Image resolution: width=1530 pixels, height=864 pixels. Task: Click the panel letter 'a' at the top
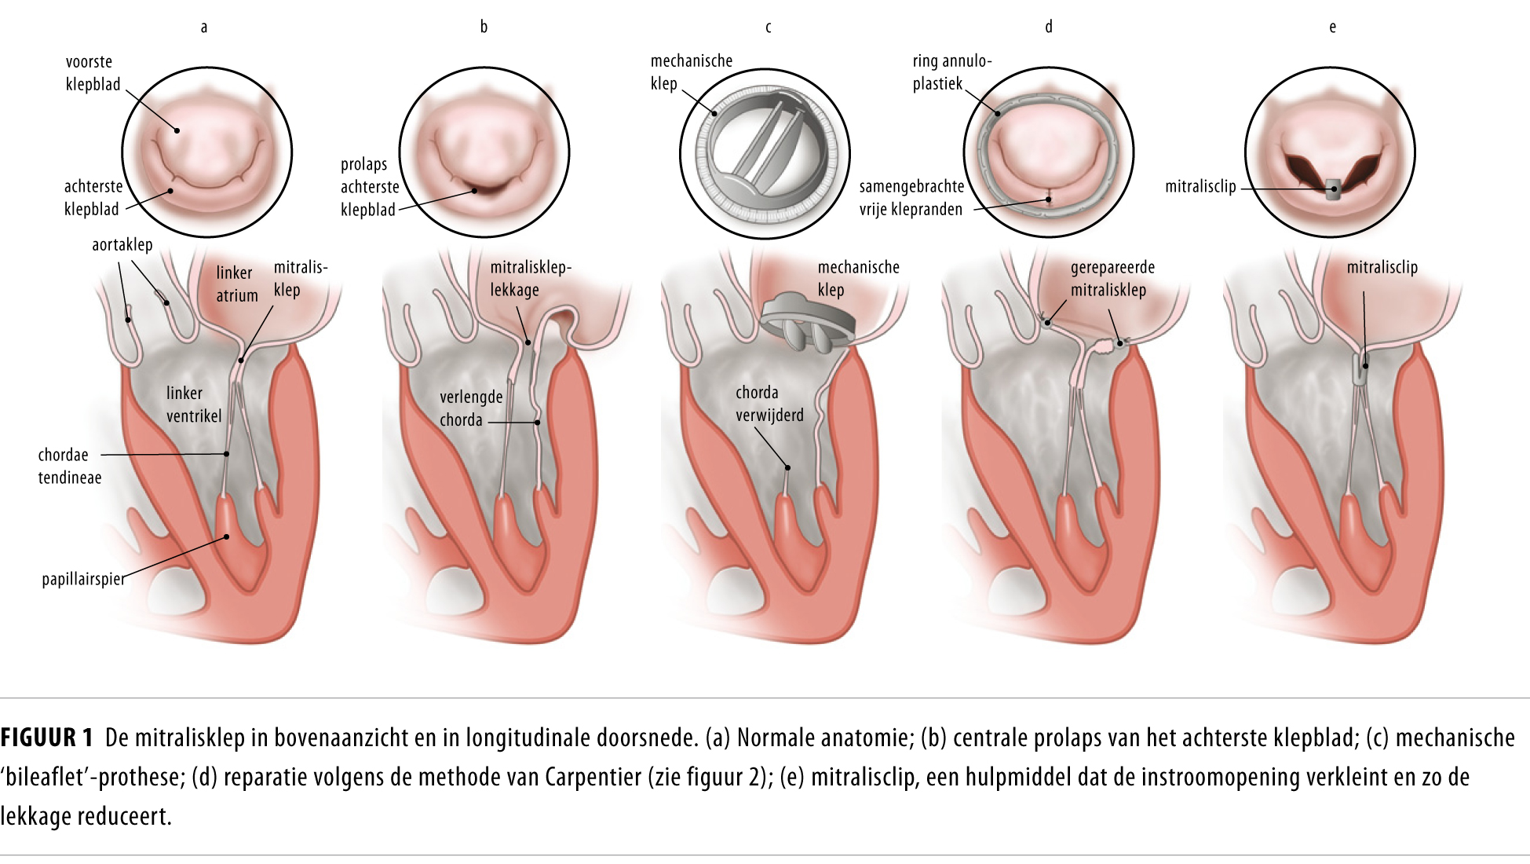click(x=204, y=27)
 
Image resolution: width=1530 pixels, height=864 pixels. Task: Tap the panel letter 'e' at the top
click(x=1332, y=27)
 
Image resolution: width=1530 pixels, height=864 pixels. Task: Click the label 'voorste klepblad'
click(x=93, y=73)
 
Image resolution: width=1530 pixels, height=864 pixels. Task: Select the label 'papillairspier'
click(x=83, y=580)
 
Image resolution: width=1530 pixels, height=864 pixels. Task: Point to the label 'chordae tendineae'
click(x=69, y=466)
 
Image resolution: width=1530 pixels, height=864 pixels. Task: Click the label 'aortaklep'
click(x=122, y=244)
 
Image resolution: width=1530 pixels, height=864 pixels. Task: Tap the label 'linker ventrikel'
click(x=193, y=405)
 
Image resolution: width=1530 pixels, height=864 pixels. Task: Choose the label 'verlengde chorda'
click(x=470, y=408)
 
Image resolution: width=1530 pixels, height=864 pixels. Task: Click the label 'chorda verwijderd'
click(x=769, y=404)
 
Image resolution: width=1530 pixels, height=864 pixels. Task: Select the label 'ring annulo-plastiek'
click(x=951, y=72)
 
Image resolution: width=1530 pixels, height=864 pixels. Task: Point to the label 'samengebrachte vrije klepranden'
click(x=911, y=198)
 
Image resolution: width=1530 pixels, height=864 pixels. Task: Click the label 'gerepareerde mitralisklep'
click(x=1112, y=279)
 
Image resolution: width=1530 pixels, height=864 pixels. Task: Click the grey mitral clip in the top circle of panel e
click(x=1333, y=189)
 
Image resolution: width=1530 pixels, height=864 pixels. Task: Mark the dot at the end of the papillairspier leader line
click(x=226, y=537)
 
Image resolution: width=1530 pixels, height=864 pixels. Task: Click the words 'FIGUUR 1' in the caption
click(x=46, y=738)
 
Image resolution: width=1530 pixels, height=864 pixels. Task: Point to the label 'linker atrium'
click(x=236, y=284)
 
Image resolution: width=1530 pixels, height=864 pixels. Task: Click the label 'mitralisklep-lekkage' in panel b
click(x=530, y=279)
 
